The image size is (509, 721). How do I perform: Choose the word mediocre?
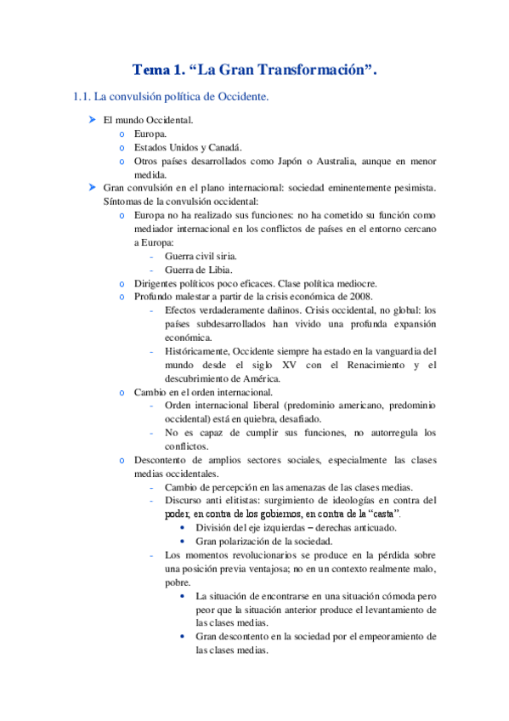pos(352,283)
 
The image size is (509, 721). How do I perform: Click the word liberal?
pos(262,406)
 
